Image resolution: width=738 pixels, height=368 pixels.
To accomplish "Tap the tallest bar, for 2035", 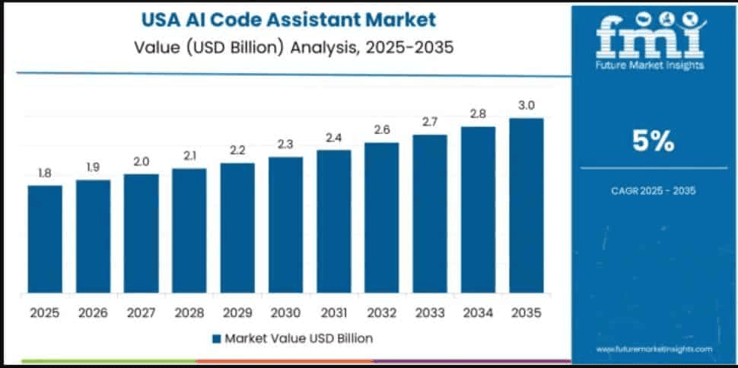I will pyautogui.click(x=526, y=205).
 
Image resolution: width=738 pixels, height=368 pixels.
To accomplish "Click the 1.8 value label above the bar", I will pyautogui.click(x=45, y=174).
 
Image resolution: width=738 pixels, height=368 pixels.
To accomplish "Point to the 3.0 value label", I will pyautogui.click(x=526, y=105).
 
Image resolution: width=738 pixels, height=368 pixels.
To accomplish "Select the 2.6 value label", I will pyautogui.click(x=382, y=130).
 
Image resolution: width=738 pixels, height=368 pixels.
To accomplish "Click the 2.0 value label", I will pyautogui.click(x=142, y=162).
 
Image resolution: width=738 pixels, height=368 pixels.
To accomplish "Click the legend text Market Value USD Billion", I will pyautogui.click(x=297, y=337).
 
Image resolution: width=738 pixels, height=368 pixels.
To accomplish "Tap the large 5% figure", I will pyautogui.click(x=653, y=140).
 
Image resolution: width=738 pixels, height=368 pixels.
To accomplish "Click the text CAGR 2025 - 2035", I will pyautogui.click(x=653, y=190).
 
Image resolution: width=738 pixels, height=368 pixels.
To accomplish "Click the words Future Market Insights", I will pyautogui.click(x=653, y=66).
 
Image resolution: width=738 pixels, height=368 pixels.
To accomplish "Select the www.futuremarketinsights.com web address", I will pyautogui.click(x=654, y=348).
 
